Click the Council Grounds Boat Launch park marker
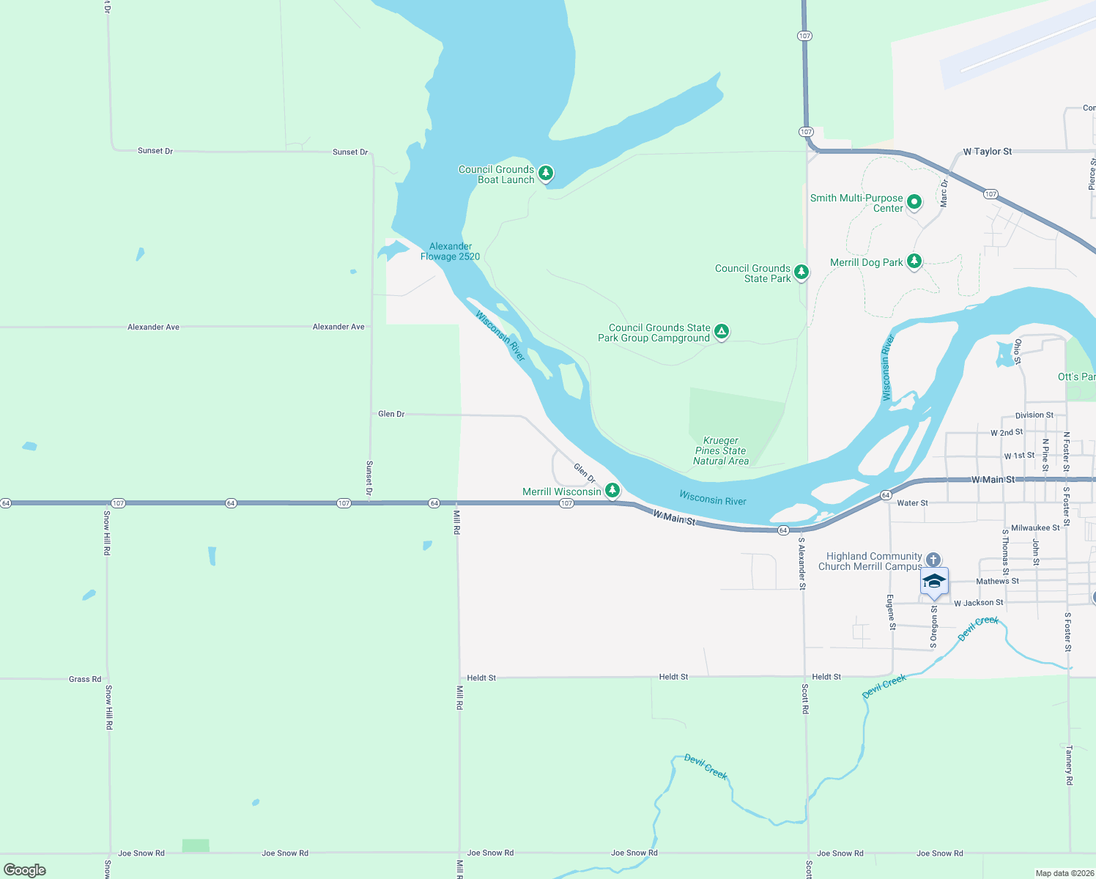tap(545, 173)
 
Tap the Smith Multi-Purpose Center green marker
tap(914, 201)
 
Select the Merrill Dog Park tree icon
tap(914, 261)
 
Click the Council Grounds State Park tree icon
tap(801, 272)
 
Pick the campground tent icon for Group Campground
tap(722, 332)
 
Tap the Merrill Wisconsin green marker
tap(612, 490)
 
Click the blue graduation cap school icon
tap(934, 582)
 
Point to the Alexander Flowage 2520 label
tap(450, 251)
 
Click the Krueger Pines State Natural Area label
tap(721, 450)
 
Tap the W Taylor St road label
tap(987, 152)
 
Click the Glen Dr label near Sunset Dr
tap(391, 414)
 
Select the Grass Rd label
tap(85, 679)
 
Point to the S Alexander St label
tap(802, 563)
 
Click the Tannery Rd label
tap(1069, 765)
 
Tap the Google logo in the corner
tap(25, 869)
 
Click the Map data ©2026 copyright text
tap(1064, 873)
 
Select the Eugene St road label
tap(892, 612)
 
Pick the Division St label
tap(1034, 415)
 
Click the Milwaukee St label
tap(1035, 527)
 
